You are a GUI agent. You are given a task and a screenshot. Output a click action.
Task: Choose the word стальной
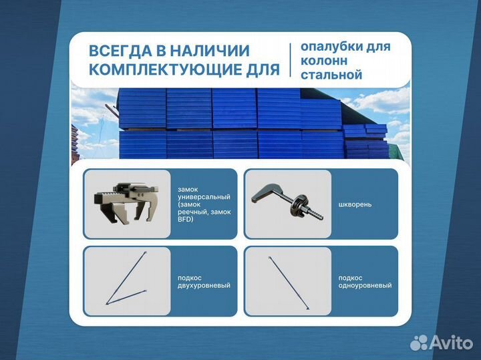pos(331,75)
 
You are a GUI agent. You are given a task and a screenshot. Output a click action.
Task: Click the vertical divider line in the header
pos(289,61)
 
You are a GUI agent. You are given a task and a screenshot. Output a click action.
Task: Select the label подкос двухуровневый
pos(204,281)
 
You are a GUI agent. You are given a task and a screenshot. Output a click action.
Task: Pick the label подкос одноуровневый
pos(365,281)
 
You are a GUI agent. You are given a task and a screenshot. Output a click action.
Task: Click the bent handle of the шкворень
pos(268,192)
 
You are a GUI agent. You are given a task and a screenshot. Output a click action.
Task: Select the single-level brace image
pos(288,281)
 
